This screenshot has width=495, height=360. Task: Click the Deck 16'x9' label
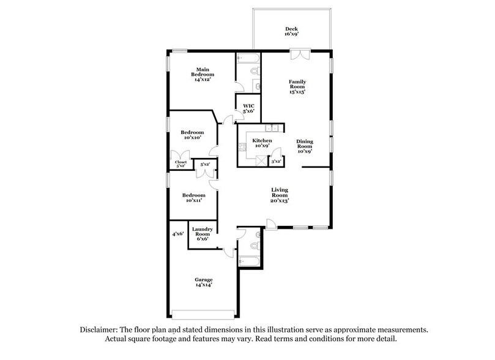tap(291, 32)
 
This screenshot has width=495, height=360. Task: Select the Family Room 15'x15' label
tap(297, 86)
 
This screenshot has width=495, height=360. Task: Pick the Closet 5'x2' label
tap(181, 164)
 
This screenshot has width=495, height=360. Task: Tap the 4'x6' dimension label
tap(177, 233)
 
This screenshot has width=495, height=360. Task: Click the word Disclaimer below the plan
tap(101, 329)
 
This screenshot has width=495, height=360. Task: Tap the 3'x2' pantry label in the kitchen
tap(276, 161)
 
